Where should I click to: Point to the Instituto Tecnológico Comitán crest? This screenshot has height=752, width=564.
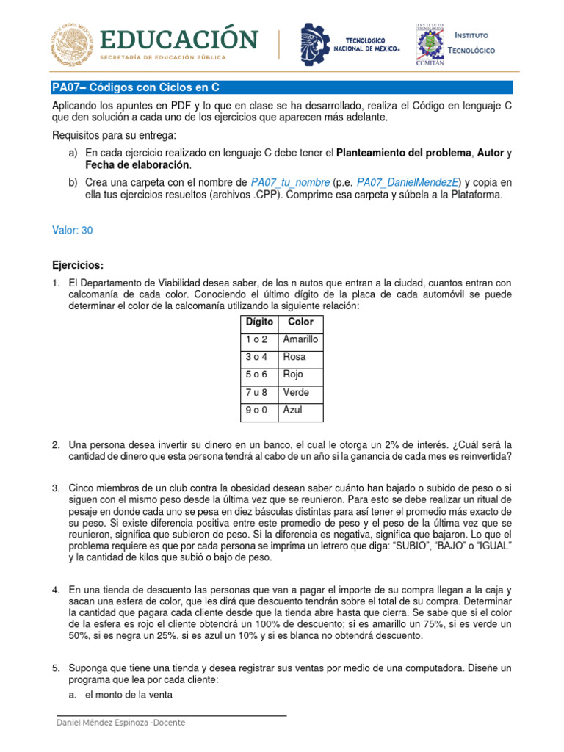pyautogui.click(x=428, y=44)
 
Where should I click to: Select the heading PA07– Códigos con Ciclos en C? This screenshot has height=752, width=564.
pyautogui.click(x=136, y=87)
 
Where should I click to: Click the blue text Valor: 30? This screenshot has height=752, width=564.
pyautogui.click(x=73, y=230)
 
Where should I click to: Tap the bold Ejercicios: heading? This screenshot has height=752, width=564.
pyautogui.click(x=78, y=264)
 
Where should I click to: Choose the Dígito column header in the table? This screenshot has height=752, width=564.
pyautogui.click(x=258, y=322)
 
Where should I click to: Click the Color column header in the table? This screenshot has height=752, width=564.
pyautogui.click(x=300, y=322)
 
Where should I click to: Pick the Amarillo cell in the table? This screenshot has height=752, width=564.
pyautogui.click(x=300, y=339)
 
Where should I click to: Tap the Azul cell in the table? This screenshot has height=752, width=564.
pyautogui.click(x=293, y=410)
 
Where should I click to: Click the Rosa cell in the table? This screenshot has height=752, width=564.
pyautogui.click(x=294, y=357)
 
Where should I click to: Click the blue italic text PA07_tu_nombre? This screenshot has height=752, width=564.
pyautogui.click(x=290, y=182)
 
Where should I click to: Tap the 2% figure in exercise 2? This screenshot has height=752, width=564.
pyautogui.click(x=407, y=444)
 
